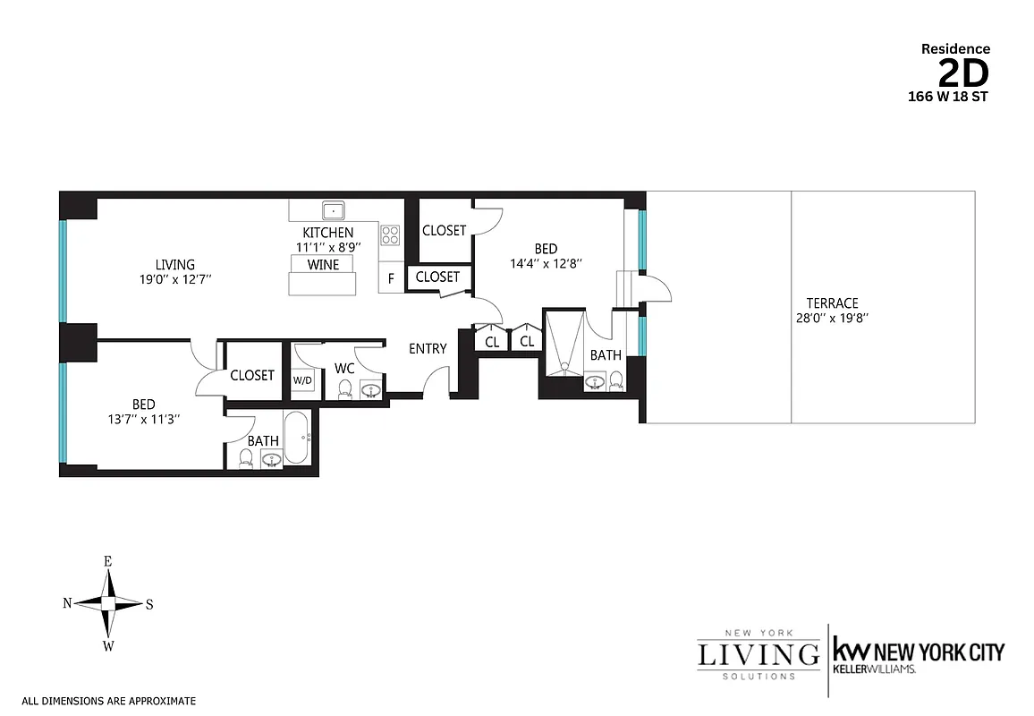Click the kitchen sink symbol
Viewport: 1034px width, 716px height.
[335, 211]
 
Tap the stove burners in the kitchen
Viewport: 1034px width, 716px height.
[390, 234]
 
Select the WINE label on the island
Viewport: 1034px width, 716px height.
[322, 265]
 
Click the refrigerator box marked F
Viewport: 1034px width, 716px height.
[391, 277]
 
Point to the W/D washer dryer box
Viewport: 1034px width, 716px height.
[303, 380]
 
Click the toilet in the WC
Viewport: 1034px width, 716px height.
[344, 389]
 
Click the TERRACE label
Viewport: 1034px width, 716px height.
[832, 303]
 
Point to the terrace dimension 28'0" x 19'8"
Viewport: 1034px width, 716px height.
[832, 318]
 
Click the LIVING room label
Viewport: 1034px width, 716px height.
[175, 264]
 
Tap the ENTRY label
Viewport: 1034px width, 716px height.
[428, 348]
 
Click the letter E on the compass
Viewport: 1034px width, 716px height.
[107, 561]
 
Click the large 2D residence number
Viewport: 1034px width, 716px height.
[964, 72]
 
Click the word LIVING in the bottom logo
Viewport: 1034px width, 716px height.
[758, 653]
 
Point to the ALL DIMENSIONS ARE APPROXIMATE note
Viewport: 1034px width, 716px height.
[108, 702]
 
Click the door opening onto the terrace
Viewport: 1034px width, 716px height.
[657, 288]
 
